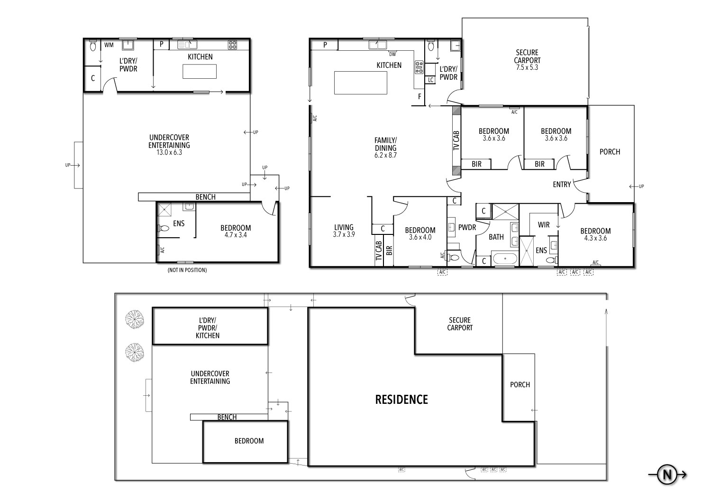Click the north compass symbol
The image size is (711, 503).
click(x=667, y=474)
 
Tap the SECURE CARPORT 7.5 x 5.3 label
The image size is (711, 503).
click(x=527, y=60)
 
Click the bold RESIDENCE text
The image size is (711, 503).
click(x=401, y=400)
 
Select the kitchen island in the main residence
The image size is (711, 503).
click(x=360, y=83)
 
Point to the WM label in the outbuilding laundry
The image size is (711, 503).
click(x=109, y=45)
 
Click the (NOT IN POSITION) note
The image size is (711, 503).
click(x=187, y=270)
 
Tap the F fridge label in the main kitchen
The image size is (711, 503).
click(x=419, y=96)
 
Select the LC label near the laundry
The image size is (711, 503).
click(x=430, y=80)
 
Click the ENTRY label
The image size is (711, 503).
click(x=562, y=185)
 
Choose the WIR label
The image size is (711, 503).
click(x=543, y=224)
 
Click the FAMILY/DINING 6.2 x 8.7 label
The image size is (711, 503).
click(x=385, y=147)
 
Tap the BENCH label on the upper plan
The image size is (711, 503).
click(x=205, y=197)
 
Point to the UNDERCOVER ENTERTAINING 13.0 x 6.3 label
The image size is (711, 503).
click(x=169, y=145)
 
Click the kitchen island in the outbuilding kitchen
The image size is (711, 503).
click(x=200, y=71)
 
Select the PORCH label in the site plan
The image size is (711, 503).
click(x=520, y=385)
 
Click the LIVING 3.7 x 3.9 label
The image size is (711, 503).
click(x=344, y=231)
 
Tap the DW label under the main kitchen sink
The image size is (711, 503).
click(x=392, y=54)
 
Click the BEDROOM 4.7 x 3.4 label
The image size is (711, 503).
click(x=236, y=231)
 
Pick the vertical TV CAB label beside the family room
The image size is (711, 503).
click(x=456, y=140)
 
